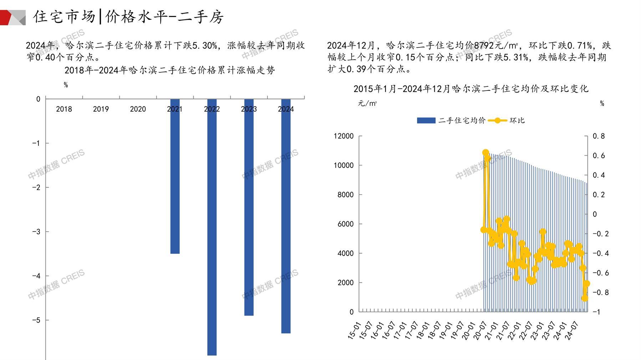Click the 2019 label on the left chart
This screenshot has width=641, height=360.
pyautogui.click(x=101, y=109)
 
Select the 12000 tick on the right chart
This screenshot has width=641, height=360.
pyautogui.click(x=344, y=136)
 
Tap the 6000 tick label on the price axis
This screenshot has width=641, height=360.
pyautogui.click(x=345, y=224)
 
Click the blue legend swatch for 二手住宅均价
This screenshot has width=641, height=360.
pyautogui.click(x=426, y=120)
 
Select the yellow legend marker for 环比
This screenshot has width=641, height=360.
pyautogui.click(x=497, y=120)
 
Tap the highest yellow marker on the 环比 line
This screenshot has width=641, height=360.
pyautogui.click(x=485, y=153)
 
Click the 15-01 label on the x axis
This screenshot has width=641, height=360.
pyautogui.click(x=354, y=330)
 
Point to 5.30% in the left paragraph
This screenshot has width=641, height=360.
pyautogui.click(x=205, y=46)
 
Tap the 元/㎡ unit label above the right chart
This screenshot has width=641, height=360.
pyautogui.click(x=367, y=103)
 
